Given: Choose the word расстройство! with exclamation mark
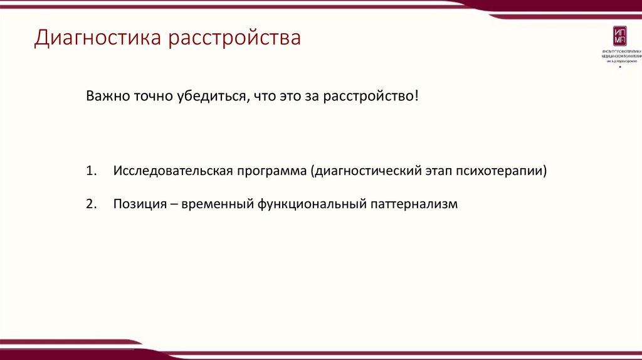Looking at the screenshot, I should click(x=370, y=97).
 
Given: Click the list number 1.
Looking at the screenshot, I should click(x=91, y=171).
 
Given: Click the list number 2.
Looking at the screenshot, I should click(x=91, y=204).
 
